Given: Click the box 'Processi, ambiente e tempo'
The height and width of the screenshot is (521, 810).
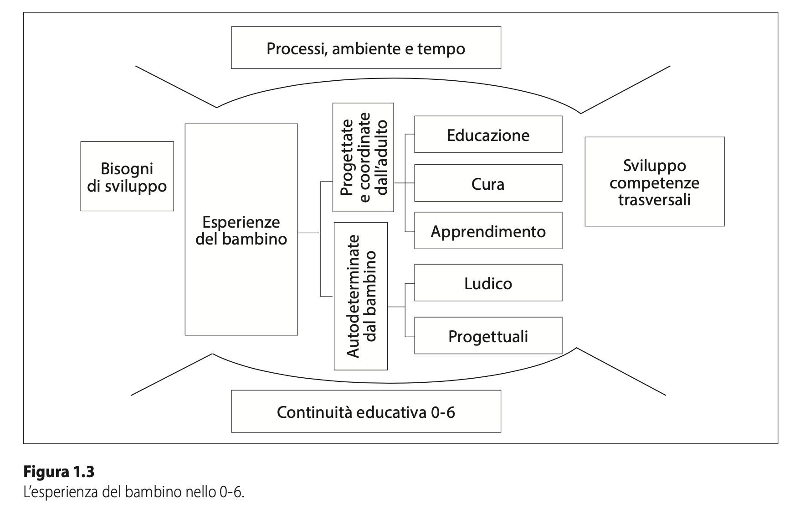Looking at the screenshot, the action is pyautogui.click(x=366, y=48).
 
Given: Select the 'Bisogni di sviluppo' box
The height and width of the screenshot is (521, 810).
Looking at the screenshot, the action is pyautogui.click(x=127, y=177).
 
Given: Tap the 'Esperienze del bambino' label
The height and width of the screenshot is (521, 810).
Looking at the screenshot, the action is pyautogui.click(x=241, y=230).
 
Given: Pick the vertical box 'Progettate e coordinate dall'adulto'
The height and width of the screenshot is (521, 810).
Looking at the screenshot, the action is pyautogui.click(x=363, y=157).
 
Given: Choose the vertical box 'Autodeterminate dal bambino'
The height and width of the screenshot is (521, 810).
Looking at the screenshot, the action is pyautogui.click(x=361, y=296).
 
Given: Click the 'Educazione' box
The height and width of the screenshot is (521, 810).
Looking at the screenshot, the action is pyautogui.click(x=488, y=135).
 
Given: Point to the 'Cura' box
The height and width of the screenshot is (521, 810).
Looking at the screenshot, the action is pyautogui.click(x=488, y=183).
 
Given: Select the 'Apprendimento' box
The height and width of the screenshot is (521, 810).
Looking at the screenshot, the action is pyautogui.click(x=488, y=231).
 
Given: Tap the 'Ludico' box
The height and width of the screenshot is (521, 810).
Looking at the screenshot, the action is pyautogui.click(x=488, y=283).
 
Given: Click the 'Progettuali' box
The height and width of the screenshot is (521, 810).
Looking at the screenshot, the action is pyautogui.click(x=488, y=336).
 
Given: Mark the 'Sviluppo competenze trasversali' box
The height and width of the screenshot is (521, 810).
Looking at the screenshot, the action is pyautogui.click(x=654, y=182).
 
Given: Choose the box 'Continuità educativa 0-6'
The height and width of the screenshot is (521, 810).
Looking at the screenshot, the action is pyautogui.click(x=366, y=412).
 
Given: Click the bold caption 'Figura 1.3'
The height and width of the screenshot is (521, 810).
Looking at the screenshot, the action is pyautogui.click(x=59, y=471).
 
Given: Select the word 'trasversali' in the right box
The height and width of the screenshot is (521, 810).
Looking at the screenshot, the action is pyautogui.click(x=654, y=200).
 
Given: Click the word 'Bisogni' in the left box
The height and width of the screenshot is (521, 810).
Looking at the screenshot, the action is pyautogui.click(x=127, y=168).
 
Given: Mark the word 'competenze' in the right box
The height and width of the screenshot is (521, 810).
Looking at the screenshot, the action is pyautogui.click(x=654, y=183).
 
